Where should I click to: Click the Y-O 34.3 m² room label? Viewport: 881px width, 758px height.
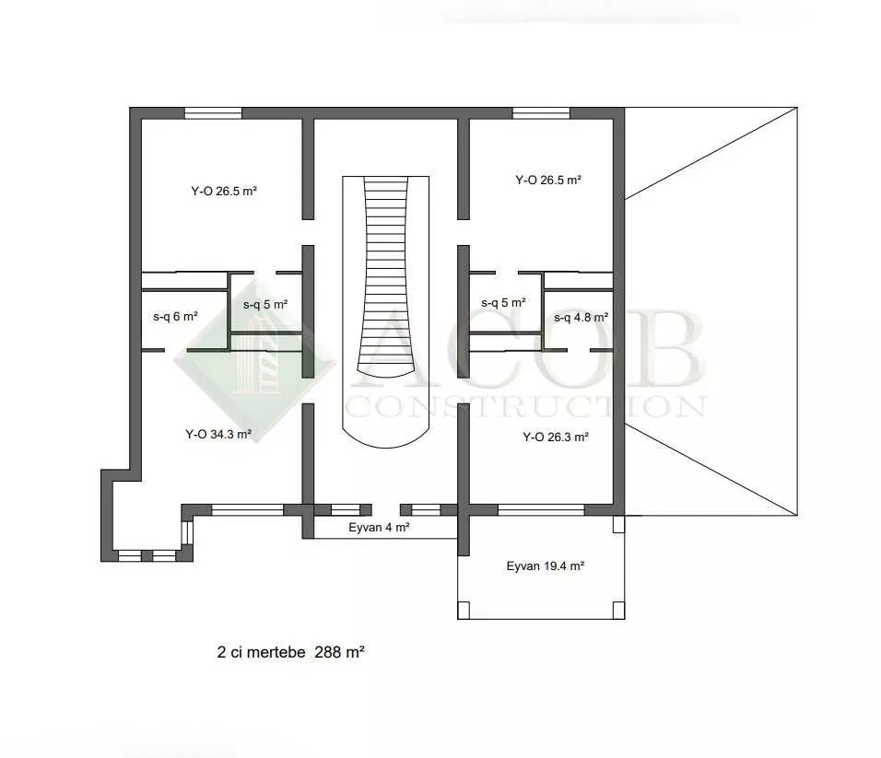(x=218, y=434)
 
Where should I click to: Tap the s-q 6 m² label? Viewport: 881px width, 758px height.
(x=175, y=317)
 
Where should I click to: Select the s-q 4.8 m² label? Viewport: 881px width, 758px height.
(x=581, y=317)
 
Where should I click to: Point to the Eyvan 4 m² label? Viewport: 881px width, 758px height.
(x=379, y=527)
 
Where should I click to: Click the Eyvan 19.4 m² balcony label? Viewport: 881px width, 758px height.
(x=545, y=566)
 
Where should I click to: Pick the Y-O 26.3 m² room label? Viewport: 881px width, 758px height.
(x=556, y=437)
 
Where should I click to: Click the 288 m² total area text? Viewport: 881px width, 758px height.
(x=339, y=652)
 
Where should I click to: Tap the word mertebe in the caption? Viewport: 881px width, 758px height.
(x=276, y=652)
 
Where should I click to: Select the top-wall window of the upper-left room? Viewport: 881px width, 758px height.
(x=214, y=113)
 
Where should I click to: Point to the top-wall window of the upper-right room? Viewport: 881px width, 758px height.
(x=541, y=113)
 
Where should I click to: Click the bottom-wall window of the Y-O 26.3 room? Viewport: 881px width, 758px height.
(x=542, y=510)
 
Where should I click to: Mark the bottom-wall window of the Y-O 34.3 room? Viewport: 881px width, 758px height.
(x=247, y=510)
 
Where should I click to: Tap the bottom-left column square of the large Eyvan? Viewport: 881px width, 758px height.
(x=464, y=611)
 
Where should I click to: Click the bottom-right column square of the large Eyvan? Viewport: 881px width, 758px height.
(x=618, y=611)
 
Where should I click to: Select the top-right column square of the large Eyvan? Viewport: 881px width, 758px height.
(x=618, y=524)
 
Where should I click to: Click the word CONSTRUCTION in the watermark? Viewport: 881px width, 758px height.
(x=525, y=406)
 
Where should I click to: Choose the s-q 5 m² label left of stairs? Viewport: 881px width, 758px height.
(x=265, y=304)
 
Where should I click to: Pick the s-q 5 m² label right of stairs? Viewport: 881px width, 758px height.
(x=503, y=303)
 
